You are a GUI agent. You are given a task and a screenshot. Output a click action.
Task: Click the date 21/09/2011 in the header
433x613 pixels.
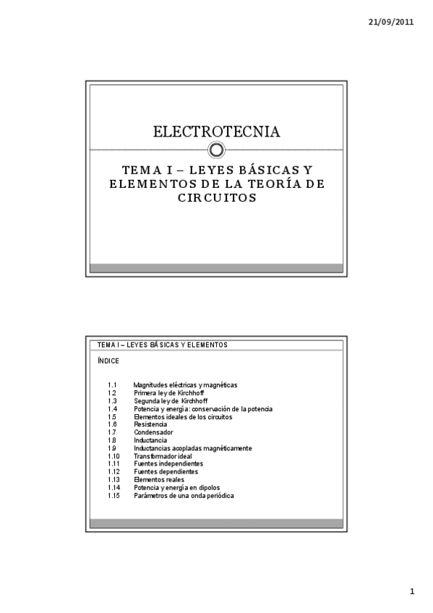tap(392, 22)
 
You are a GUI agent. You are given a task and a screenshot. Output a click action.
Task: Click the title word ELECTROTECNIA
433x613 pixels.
tap(217, 132)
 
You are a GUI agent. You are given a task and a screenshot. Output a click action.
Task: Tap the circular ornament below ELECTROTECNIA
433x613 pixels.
tap(217, 150)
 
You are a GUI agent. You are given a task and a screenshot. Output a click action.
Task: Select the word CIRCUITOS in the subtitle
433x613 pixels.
tap(217, 197)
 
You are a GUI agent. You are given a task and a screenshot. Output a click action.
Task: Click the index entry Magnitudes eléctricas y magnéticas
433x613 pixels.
tap(186, 385)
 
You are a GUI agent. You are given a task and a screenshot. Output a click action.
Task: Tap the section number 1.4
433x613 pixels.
tap(113, 409)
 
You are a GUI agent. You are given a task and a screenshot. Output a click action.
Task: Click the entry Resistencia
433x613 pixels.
tap(150, 425)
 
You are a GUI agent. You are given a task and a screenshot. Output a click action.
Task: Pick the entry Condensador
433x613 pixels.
tap(153, 432)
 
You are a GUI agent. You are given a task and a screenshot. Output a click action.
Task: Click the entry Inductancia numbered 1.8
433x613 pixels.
tap(150, 440)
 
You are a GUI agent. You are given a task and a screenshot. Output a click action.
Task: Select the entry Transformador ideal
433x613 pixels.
tap(163, 456)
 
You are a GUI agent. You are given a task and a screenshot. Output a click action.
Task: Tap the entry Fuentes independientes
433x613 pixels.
tap(168, 464)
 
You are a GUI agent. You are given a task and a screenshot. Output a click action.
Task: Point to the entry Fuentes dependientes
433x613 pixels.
tap(166, 472)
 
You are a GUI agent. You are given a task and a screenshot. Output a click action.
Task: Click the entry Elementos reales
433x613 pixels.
tap(159, 480)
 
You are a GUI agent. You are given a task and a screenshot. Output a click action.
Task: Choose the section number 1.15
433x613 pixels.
tap(113, 496)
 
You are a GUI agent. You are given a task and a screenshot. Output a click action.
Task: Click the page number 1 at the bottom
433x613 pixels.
tap(412, 592)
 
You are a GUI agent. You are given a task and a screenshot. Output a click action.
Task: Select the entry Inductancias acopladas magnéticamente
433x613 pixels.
tap(193, 448)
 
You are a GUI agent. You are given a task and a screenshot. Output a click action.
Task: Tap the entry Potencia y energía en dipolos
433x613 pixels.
tap(177, 488)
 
